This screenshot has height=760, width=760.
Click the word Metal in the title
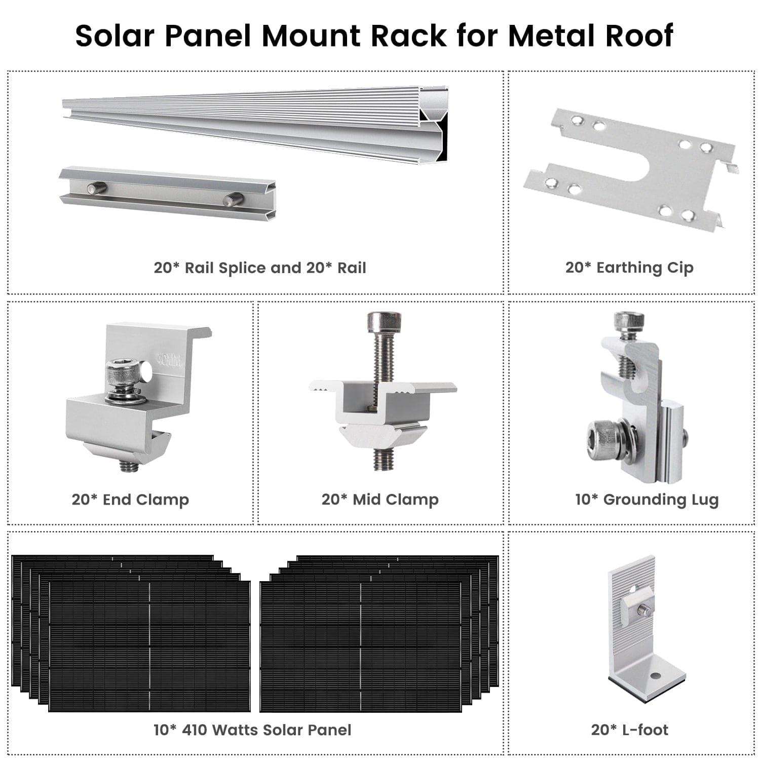coord(554,35)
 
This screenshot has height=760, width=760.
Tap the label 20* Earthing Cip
coord(629,268)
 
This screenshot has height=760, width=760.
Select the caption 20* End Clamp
coord(130,500)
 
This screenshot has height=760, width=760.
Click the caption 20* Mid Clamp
coord(380,500)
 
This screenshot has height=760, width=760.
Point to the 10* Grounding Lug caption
coord(647,500)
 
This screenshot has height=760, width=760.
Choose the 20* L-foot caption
coord(629,730)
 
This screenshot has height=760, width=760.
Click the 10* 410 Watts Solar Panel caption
coord(252,730)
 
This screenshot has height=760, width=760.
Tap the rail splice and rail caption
coord(260,268)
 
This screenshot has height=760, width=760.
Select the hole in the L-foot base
coord(656,676)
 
